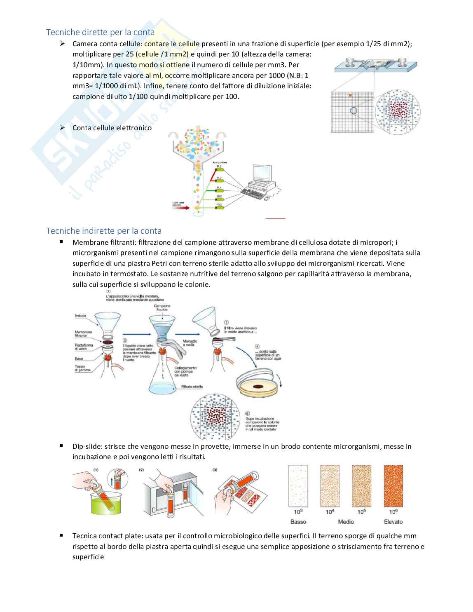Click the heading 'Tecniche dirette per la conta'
tap(100, 32)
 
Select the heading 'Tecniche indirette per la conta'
tap(104, 230)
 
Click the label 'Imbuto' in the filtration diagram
tap(80, 316)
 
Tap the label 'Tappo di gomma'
tap(83, 368)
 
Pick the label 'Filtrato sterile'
tap(192, 387)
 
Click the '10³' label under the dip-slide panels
tap(298, 512)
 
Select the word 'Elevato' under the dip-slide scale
tap(393, 522)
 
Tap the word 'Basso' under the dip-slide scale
tap(298, 522)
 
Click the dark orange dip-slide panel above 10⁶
tap(393, 486)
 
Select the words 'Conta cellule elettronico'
tap(112, 128)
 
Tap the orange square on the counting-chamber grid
tap(350, 96)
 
